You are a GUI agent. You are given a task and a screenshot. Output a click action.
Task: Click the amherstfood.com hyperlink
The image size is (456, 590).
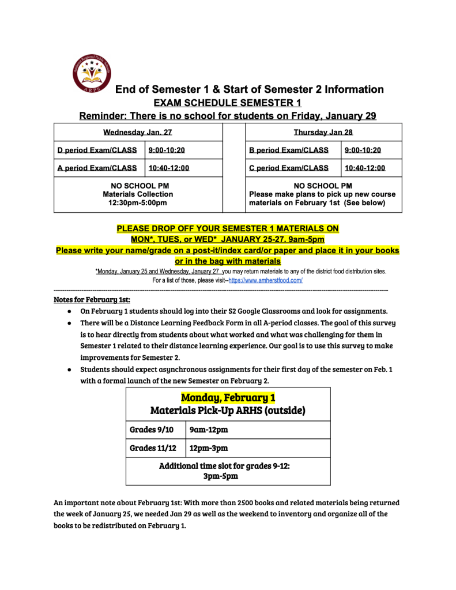266,280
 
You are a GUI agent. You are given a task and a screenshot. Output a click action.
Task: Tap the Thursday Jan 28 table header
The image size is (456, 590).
323,132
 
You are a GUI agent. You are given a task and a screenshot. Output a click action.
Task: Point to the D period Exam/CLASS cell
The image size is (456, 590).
97,150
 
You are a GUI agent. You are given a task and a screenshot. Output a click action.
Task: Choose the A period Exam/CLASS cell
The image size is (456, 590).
97,168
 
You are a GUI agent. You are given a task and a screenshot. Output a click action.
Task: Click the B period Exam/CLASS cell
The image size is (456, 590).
289,150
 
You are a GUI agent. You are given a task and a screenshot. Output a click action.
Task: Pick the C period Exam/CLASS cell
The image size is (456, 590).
289,168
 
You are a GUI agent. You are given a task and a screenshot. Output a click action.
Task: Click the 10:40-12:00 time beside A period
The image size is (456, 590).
169,168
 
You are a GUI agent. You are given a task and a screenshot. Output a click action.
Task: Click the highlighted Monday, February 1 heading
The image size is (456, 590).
228,397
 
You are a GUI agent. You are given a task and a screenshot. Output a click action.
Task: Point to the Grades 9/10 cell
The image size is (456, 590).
152,430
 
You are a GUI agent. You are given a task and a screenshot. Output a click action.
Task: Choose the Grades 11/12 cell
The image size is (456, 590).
153,448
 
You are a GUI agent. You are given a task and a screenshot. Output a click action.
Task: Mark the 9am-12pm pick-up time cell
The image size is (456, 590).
209,430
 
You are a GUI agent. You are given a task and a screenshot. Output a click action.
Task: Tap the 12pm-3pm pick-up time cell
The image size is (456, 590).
209,448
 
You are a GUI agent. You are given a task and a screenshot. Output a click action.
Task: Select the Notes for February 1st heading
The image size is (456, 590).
92,299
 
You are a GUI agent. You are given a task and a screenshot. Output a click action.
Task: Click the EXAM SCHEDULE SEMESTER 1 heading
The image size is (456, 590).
227,103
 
